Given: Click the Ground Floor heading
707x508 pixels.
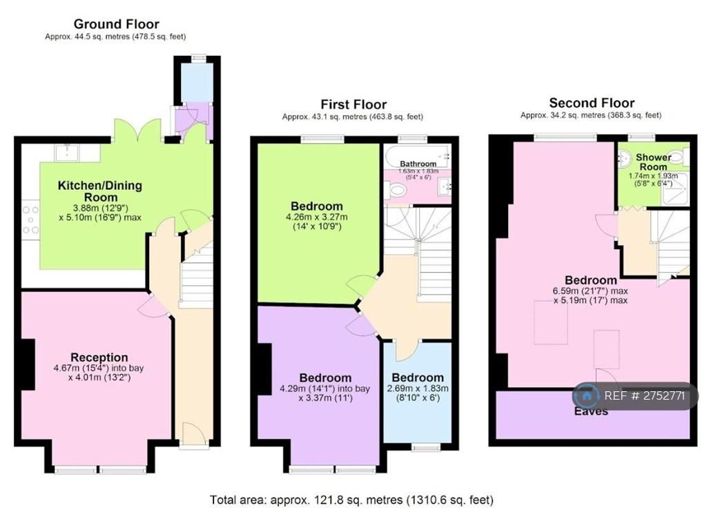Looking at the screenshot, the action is tap(116, 24).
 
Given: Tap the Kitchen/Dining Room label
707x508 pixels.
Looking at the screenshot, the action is tap(100, 191).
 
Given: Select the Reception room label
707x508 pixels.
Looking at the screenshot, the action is tap(99, 358).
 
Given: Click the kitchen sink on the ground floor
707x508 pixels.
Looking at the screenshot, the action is tap(67, 153).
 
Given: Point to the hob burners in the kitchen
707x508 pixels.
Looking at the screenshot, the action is tap(30, 219).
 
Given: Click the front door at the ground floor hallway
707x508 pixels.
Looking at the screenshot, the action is tap(194, 435).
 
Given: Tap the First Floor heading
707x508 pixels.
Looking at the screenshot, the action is tap(353, 105).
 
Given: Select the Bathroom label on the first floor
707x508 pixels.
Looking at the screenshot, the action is tap(418, 164).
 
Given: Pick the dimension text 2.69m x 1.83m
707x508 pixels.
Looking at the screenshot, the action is tap(418, 388).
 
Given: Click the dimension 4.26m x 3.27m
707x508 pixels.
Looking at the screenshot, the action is tap(316, 217).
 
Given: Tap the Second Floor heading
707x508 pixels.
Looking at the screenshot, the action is tap(592, 103).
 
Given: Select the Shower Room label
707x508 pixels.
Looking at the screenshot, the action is tap(653, 162).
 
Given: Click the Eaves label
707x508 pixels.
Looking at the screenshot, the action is tap(591, 411).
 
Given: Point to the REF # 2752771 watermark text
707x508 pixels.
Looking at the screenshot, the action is tap(644, 395).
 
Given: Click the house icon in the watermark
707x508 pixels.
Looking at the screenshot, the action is tap(587, 396).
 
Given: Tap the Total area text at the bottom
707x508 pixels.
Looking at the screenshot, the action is tap(351, 500).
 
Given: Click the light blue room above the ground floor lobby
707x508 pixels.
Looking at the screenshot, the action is tap(197, 82).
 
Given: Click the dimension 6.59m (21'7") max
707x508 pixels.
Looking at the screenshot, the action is tap(590, 291).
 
